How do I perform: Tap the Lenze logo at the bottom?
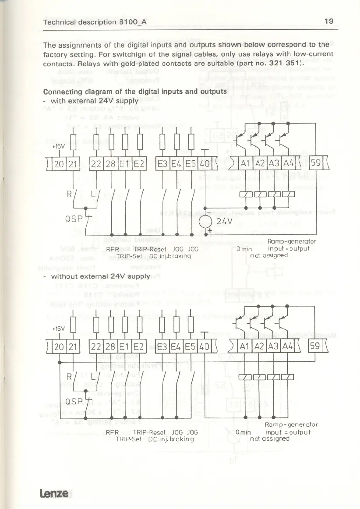56,493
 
